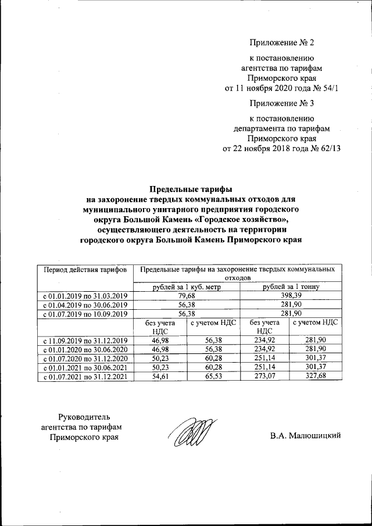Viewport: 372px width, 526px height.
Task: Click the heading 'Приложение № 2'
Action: (x=281, y=43)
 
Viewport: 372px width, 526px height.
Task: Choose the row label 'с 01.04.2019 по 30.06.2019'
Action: (x=85, y=305)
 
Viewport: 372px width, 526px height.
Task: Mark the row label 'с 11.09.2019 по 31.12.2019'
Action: (x=85, y=339)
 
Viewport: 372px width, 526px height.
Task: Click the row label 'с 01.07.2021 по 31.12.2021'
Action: (x=85, y=377)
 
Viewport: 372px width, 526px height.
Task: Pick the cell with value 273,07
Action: (x=266, y=377)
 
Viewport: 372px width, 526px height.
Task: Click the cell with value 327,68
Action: (x=316, y=377)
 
